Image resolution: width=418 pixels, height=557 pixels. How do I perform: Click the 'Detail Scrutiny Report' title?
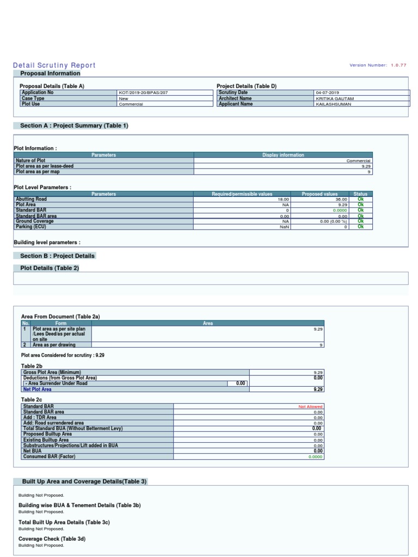point(54,65)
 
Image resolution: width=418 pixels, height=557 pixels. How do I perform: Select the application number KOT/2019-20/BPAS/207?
point(143,93)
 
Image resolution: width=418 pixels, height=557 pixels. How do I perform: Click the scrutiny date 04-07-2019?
point(327,93)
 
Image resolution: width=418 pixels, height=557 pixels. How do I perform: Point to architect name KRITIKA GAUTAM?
point(334,98)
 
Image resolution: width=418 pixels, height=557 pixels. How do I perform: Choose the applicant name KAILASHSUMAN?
point(333,104)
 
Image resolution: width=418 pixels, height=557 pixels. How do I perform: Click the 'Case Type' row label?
point(33,98)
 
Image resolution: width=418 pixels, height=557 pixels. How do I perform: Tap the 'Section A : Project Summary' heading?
point(74,126)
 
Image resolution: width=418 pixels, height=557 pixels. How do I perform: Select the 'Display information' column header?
point(283,155)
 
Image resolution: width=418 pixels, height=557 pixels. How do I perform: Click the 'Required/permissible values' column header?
point(242,194)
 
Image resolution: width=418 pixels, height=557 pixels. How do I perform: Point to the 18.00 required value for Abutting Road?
point(284,199)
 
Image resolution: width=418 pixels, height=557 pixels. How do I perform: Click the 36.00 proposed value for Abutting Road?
point(341,199)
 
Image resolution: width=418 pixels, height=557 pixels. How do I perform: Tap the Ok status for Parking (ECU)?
point(360,227)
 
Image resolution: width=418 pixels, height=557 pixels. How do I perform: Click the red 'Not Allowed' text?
point(310,407)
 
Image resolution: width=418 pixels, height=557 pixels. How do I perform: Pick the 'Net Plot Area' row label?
point(37,389)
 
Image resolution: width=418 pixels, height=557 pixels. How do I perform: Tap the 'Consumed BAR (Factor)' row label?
point(49,456)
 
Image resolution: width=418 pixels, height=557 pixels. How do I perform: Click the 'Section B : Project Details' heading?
point(57,256)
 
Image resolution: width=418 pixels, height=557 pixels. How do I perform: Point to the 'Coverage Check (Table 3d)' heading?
point(52,539)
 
